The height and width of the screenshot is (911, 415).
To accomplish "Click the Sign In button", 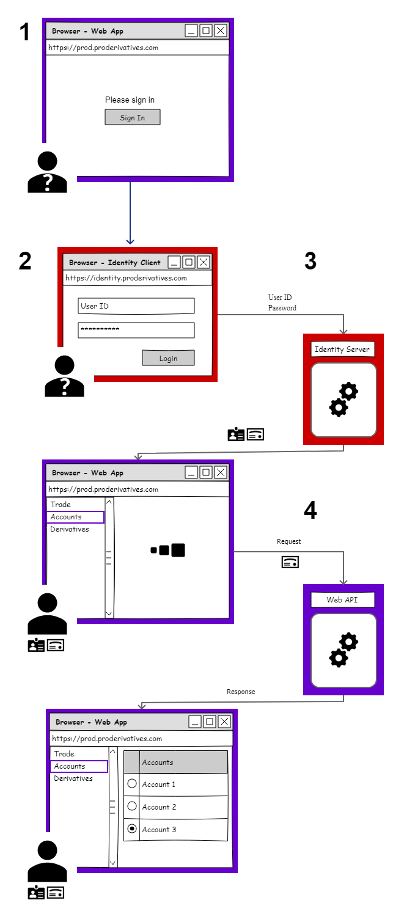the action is click(x=132, y=117).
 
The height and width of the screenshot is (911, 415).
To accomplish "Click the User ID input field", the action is click(x=136, y=306).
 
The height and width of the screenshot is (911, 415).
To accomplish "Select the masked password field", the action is click(x=136, y=330).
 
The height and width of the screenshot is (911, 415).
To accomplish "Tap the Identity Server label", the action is click(x=342, y=349).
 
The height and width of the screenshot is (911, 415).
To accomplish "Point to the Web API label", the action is click(x=342, y=600).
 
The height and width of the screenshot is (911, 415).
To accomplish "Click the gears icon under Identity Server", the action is click(x=343, y=400).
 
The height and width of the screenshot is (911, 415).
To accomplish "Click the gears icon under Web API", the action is click(x=343, y=650).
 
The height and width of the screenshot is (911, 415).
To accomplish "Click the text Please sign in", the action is click(x=130, y=100).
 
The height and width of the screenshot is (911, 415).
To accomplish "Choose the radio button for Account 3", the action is click(x=131, y=829).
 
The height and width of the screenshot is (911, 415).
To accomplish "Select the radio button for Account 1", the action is click(x=131, y=783).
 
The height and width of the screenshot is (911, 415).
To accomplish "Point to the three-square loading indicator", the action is click(x=168, y=550).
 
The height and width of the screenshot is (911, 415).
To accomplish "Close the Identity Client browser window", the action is click(x=204, y=262).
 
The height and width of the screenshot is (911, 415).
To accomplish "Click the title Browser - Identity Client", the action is click(x=115, y=263).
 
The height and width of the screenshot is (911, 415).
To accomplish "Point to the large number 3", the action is click(x=310, y=262).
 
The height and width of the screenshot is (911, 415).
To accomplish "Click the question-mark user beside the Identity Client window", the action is click(x=64, y=376).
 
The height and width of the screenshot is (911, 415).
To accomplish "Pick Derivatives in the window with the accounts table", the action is click(x=73, y=778).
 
